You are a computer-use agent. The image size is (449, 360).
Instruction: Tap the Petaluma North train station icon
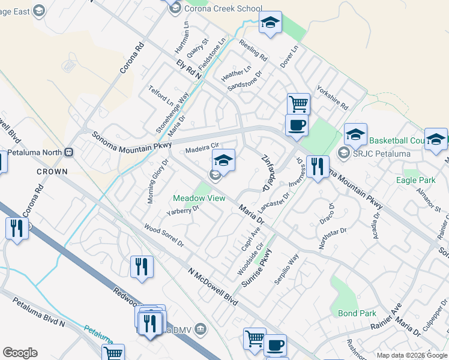[x=69, y=152]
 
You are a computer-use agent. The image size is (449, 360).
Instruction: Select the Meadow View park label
[x=199, y=198]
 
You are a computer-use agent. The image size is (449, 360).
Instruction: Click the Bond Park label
[x=357, y=313]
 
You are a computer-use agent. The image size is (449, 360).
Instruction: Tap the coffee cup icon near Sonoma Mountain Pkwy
[x=297, y=126]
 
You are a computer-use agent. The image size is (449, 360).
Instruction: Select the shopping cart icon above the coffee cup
[x=298, y=104]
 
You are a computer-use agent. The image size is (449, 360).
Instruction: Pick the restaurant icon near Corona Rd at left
[x=16, y=229]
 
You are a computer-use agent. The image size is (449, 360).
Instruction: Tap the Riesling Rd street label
[x=253, y=49]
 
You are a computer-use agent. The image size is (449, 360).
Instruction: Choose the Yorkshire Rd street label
[x=333, y=97]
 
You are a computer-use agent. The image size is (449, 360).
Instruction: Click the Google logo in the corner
[x=20, y=353]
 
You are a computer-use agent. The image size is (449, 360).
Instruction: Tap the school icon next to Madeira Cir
[x=223, y=160]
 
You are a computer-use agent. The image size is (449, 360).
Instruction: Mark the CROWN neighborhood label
[x=52, y=172]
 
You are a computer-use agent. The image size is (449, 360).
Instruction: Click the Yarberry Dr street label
[x=183, y=211]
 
